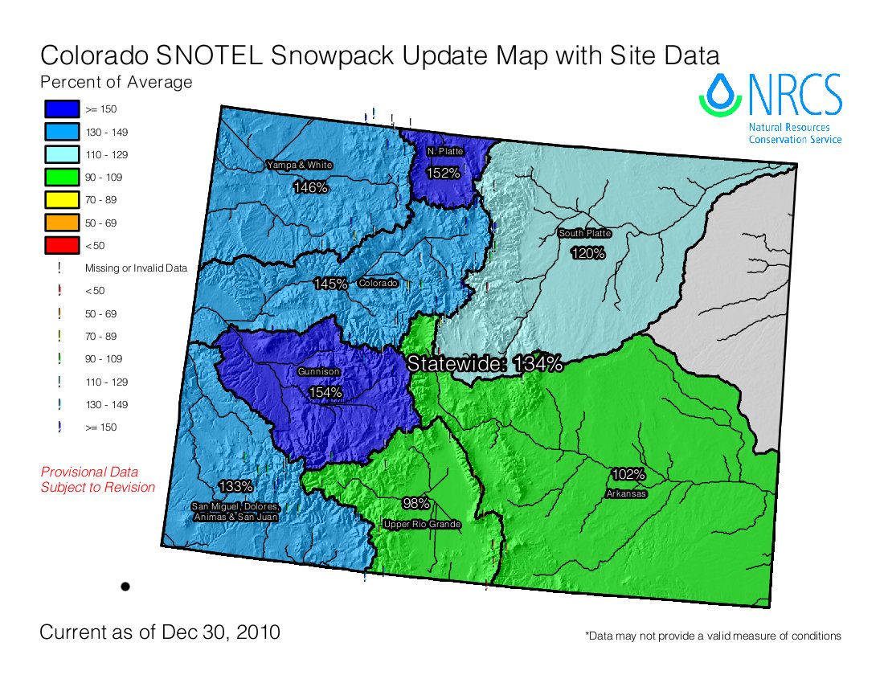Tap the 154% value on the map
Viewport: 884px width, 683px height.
[x=326, y=392]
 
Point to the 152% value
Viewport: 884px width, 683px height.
[x=443, y=173]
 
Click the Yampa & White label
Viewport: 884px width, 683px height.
[x=299, y=166]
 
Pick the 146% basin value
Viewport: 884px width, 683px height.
[x=310, y=187]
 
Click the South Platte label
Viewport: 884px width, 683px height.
[x=585, y=234]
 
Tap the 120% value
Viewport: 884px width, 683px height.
[x=587, y=253]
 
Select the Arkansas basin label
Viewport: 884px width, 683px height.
[x=627, y=493]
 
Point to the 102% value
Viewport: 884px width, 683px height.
[x=628, y=473]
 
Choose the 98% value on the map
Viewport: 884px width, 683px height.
[x=416, y=504]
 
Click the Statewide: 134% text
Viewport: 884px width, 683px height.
[x=485, y=363]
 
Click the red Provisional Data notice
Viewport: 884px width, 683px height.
[x=97, y=480]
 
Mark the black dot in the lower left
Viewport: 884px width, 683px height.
[x=125, y=587]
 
